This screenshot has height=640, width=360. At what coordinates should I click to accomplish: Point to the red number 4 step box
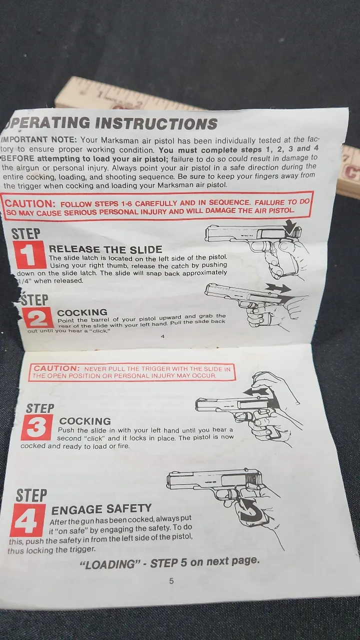click(x=27, y=519)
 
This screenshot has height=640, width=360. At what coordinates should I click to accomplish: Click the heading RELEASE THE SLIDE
click(x=105, y=249)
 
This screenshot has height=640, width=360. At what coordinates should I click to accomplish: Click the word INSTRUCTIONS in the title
click(x=156, y=123)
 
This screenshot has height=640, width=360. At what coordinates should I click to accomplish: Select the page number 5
click(x=171, y=580)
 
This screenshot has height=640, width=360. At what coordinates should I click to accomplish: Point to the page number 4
click(x=162, y=336)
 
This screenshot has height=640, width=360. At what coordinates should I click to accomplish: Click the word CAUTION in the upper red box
click(x=29, y=203)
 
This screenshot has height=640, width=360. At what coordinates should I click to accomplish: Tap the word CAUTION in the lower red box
click(x=56, y=368)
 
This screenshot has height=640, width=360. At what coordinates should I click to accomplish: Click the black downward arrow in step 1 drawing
click(x=291, y=227)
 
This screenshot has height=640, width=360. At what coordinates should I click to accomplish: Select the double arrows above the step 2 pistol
click(x=278, y=287)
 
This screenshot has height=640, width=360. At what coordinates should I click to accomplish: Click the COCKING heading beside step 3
click(x=85, y=421)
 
